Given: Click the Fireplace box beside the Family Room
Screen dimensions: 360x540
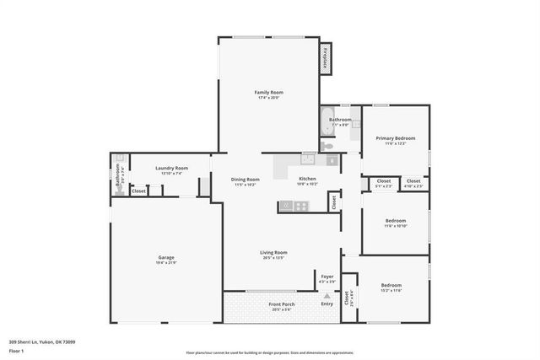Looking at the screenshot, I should pyautogui.click(x=324, y=58).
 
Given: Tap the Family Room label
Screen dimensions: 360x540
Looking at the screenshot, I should pyautogui.click(x=268, y=92).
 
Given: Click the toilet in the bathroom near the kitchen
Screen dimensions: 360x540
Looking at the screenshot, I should pyautogui.click(x=329, y=145).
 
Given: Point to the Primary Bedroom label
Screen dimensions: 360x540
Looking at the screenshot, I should pyautogui.click(x=396, y=138).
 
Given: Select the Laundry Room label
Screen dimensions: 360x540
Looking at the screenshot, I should pyautogui.click(x=170, y=168).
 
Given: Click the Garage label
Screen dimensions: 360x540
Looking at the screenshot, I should pyautogui.click(x=166, y=258).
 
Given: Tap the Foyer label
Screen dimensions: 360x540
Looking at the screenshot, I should pyautogui.click(x=327, y=276).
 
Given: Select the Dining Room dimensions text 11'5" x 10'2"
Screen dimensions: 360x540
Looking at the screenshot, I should pyautogui.click(x=246, y=185).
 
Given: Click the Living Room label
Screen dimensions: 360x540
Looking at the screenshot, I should pyautogui.click(x=273, y=252).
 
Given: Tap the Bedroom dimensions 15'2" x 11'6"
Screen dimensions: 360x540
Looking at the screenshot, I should pyautogui.click(x=391, y=291).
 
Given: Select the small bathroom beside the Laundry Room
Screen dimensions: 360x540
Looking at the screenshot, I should pyautogui.click(x=119, y=175).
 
